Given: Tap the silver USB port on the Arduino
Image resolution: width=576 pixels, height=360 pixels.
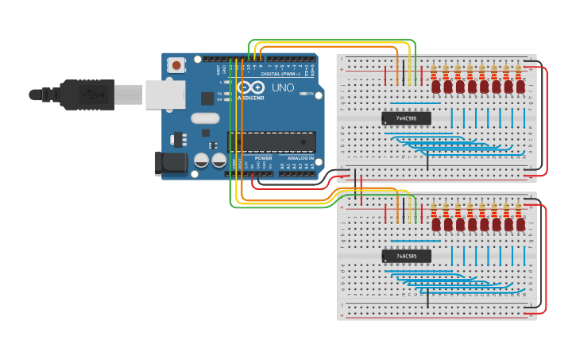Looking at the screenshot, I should [164, 95].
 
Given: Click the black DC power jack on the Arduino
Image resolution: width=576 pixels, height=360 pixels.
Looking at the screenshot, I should [171, 164].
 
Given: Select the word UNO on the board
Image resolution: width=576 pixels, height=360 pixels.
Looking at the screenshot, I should [283, 87].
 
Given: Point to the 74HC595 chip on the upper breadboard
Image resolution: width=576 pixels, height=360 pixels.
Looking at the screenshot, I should [406, 118].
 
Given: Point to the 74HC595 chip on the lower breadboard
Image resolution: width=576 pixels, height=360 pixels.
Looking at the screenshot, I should [406, 256].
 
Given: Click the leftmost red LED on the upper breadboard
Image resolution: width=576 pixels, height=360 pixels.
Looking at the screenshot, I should [435, 86].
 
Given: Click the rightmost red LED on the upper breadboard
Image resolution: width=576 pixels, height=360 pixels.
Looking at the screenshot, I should [520, 86].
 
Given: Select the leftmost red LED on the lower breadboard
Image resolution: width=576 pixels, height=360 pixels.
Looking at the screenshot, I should [436, 224].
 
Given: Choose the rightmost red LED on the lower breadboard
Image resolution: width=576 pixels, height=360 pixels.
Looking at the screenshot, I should [520, 224].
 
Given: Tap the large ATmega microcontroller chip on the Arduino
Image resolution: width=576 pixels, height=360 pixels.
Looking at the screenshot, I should [272, 141].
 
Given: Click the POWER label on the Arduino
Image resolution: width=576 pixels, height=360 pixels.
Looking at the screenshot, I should [264, 158].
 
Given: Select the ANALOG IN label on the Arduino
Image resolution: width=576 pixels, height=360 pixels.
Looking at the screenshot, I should [300, 158].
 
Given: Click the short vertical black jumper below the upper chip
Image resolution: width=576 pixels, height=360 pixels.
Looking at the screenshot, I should [427, 162].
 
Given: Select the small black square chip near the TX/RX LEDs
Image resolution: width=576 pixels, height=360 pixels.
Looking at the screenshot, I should [208, 98].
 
